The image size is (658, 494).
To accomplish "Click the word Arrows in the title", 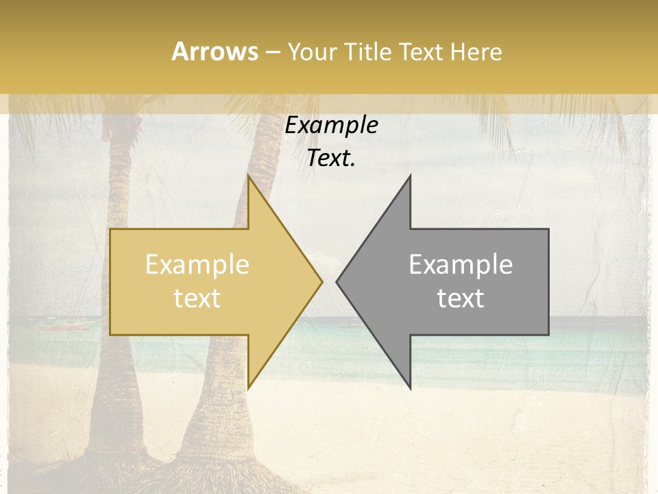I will pos(215,51).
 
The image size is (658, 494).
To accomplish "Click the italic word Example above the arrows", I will pos(332,125).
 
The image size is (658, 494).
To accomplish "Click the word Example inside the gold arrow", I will pos(197,265).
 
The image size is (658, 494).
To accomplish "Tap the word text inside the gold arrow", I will pos(197,298).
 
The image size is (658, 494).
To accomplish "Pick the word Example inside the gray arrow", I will pos(461,265).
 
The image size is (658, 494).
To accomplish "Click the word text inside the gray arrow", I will pos(461,298).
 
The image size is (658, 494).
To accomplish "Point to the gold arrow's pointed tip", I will pos(322,281).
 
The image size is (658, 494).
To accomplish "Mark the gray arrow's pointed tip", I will pos(337,281).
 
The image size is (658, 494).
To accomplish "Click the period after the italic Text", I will pos(352,165).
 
